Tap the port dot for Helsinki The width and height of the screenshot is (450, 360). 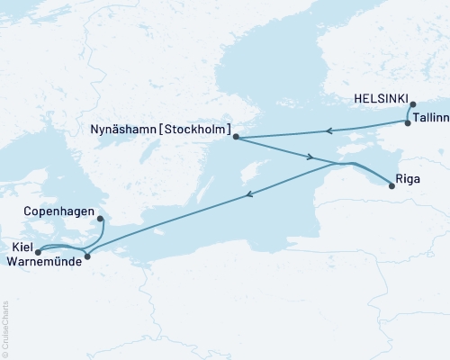click(x=413, y=105)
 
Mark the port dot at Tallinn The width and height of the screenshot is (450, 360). click(x=408, y=123)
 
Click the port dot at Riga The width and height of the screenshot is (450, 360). click(x=391, y=186)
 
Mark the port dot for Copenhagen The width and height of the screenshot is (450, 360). click(x=100, y=219)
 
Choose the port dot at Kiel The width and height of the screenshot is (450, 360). click(x=38, y=252)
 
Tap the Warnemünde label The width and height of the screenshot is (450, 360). click(x=41, y=262)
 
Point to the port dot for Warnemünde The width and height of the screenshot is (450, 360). click(x=87, y=257)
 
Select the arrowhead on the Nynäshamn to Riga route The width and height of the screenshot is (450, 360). click(x=310, y=157)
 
